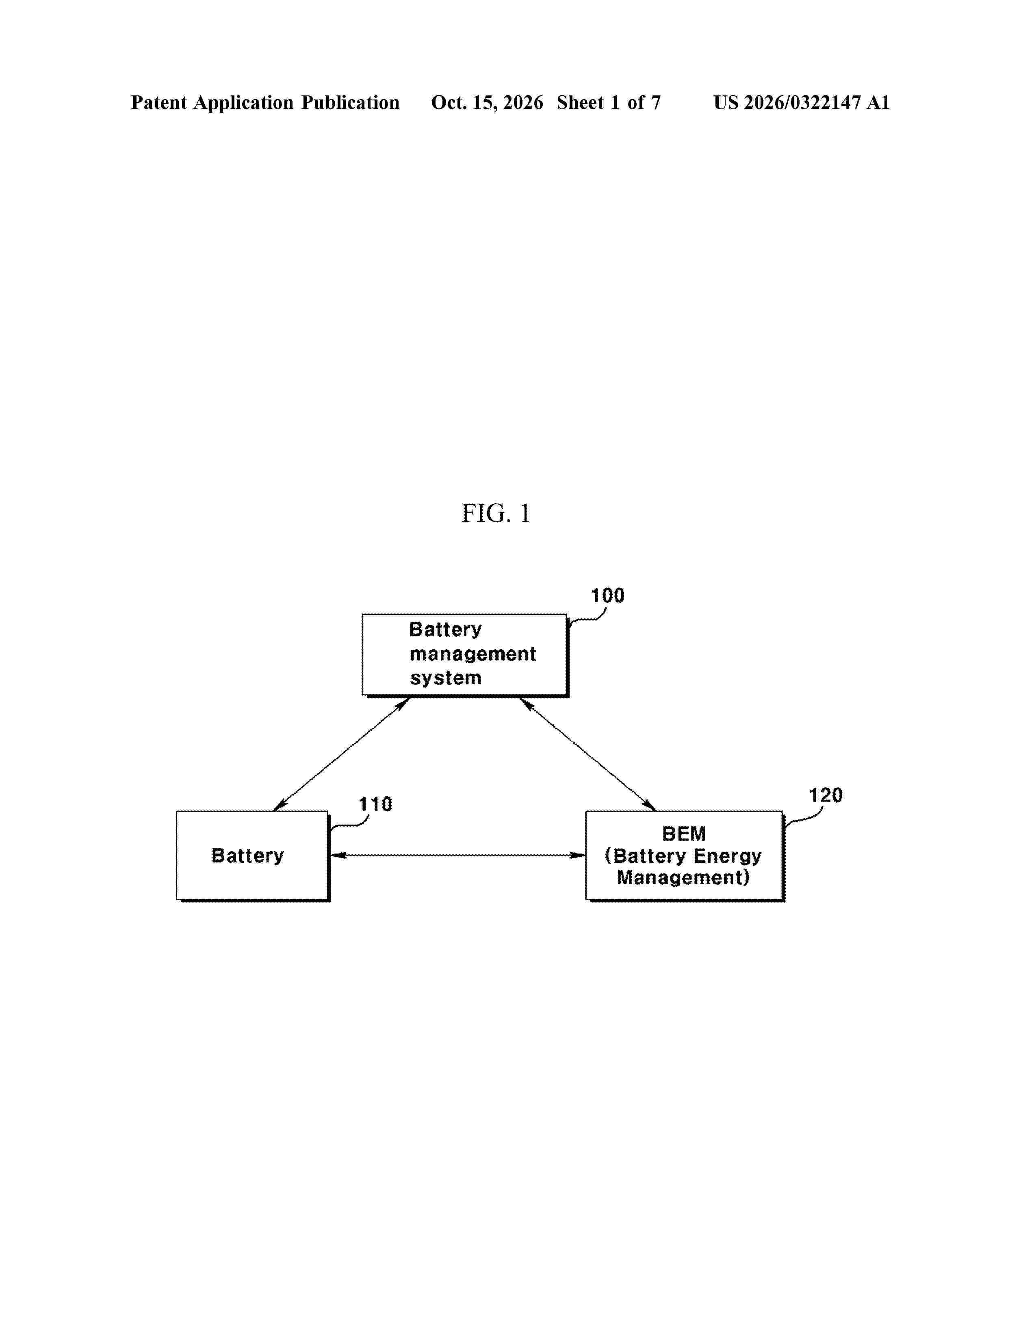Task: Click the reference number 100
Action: tap(608, 595)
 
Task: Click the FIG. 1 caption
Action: tap(495, 513)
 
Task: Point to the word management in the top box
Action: tap(472, 654)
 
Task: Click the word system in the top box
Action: tap(446, 678)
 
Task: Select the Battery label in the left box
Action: tap(248, 856)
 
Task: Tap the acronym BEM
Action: tap(684, 834)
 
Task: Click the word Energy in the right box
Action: tap(727, 856)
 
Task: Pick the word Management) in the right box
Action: tap(683, 878)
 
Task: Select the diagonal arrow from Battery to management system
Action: tap(341, 754)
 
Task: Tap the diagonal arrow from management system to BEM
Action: tap(588, 754)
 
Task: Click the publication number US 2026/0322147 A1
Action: tap(802, 102)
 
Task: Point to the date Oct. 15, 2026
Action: tap(487, 102)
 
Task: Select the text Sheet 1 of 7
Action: tap(609, 102)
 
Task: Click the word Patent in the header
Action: tap(159, 102)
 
